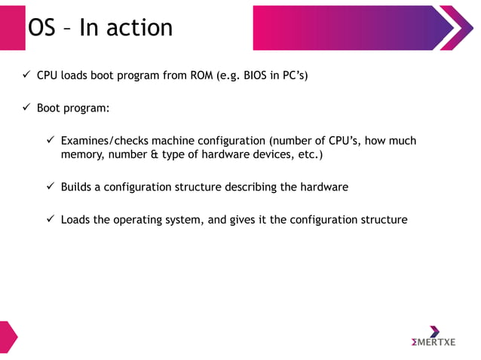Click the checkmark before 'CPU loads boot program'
[x=26, y=76]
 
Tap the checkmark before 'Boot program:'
[x=26, y=108]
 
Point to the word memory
[x=82, y=155]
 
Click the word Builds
[x=76, y=187]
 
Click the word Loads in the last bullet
[x=75, y=220]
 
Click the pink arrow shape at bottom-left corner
[x=8, y=337]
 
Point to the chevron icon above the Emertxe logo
[x=434, y=331]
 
